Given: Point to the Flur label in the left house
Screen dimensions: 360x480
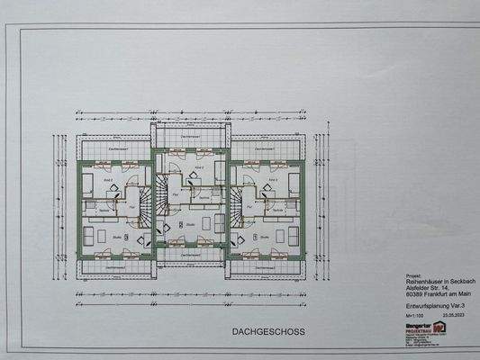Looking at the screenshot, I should click(130, 207).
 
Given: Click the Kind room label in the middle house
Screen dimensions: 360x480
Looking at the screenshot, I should click(198, 168).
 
